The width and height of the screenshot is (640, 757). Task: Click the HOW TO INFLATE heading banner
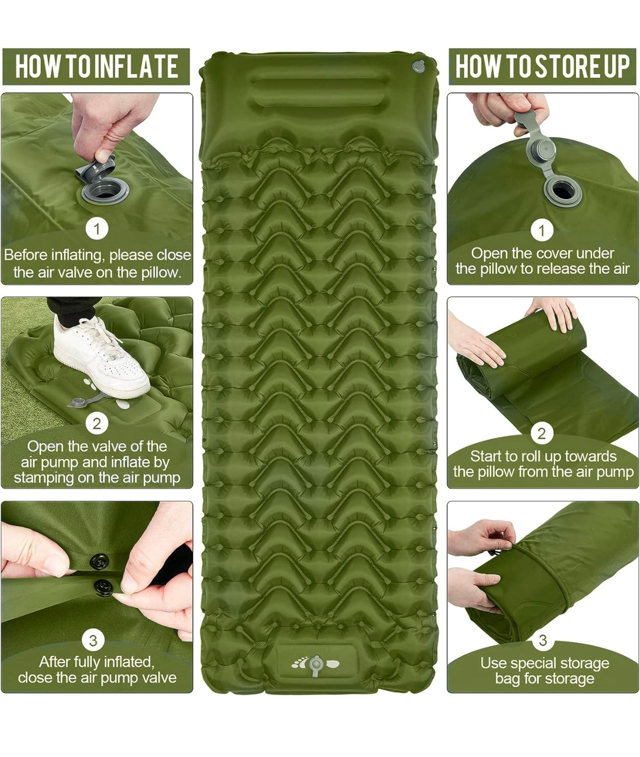tap(96, 66)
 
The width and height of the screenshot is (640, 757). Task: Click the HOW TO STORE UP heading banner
tap(542, 66)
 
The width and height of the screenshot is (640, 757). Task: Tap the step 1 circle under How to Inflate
tap(97, 229)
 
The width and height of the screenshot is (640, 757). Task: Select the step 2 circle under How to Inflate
tap(97, 424)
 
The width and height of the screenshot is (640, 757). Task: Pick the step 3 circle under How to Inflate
tap(93, 640)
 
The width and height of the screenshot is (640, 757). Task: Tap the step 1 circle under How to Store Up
tap(542, 230)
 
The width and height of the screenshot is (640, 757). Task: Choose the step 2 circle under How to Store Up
tap(541, 434)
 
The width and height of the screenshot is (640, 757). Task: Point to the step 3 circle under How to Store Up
tap(543, 640)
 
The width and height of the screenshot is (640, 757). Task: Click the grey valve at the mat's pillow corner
tap(418, 66)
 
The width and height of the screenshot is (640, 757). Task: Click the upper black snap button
tap(99, 561)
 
